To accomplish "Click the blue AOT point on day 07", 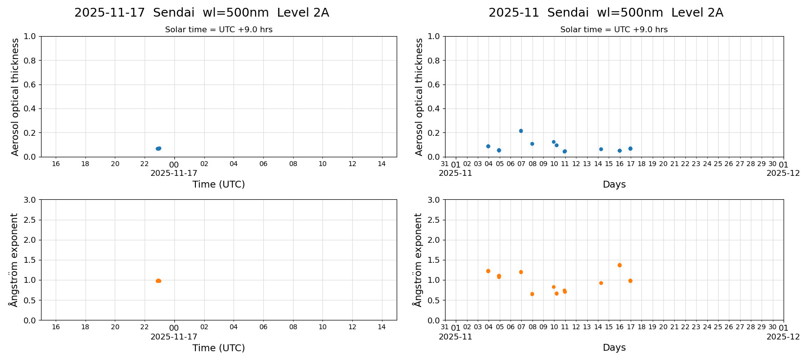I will click(521, 131).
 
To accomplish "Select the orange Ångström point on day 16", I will click(619, 265).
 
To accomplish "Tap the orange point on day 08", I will click(532, 294).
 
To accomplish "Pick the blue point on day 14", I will click(601, 149).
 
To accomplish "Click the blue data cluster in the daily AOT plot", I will click(158, 148).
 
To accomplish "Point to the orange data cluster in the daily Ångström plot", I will click(158, 281).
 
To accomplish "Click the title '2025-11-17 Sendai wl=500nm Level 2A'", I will click(201, 13).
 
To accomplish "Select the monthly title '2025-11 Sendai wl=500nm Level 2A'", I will click(605, 13).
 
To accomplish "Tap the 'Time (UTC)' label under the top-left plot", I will click(218, 185).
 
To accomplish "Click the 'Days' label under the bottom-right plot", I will click(614, 348).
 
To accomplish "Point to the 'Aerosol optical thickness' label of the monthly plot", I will click(419, 97).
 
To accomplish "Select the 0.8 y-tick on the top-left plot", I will click(30, 61).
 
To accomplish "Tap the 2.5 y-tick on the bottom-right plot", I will click(434, 220).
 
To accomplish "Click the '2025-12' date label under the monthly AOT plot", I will click(783, 173).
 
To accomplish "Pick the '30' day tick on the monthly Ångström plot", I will click(772, 327).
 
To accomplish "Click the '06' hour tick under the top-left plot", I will click(263, 164).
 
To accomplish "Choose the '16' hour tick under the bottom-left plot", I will click(56, 327).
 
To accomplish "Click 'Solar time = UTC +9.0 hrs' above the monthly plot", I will click(614, 30).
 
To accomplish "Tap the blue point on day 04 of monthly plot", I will click(488, 146).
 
